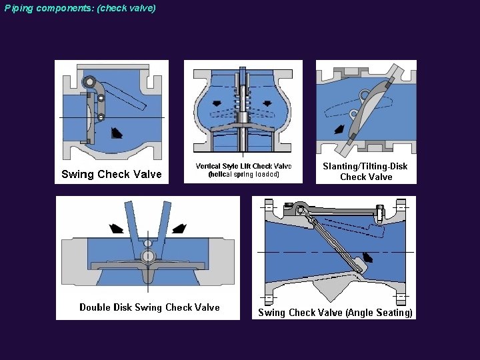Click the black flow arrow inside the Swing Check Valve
click(117, 132)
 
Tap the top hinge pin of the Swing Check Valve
click(87, 81)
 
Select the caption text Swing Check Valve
click(111, 175)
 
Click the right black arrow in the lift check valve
click(267, 103)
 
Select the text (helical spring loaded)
click(243, 175)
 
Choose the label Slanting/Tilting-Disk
click(365, 166)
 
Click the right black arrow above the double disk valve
click(179, 229)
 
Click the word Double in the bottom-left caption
click(95, 307)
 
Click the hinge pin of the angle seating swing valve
click(301, 210)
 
